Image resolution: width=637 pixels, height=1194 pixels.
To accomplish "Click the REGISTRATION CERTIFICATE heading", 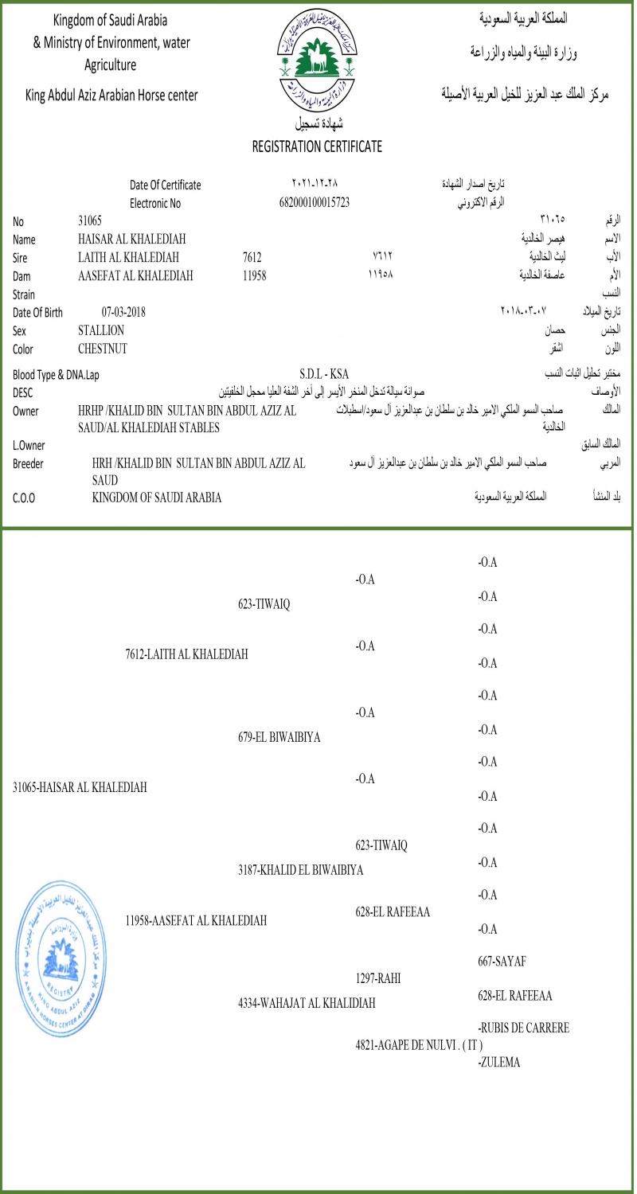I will [317, 146].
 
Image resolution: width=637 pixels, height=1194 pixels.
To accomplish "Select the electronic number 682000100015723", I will [315, 202].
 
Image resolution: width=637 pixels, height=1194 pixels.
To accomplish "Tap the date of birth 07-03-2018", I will [123, 312].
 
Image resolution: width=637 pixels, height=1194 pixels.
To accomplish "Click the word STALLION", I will [101, 330].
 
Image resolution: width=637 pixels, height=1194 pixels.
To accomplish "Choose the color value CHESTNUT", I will [103, 349].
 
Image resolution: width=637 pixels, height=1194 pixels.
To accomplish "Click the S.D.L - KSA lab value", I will [324, 374].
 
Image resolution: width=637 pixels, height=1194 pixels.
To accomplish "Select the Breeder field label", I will [29, 463].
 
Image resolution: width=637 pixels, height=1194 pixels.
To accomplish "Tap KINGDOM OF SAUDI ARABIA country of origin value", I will [157, 497].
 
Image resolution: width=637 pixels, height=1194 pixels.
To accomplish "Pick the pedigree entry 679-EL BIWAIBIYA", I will [279, 737].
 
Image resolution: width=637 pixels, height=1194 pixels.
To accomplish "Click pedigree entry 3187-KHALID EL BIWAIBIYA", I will [300, 870].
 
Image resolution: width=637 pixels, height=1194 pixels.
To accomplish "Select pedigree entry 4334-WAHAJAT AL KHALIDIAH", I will [307, 1003].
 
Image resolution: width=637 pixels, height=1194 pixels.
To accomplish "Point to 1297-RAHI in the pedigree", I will [377, 977].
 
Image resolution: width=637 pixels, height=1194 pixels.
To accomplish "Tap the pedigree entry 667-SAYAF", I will [502, 962].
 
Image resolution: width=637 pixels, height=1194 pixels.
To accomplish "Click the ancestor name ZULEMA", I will [499, 1061].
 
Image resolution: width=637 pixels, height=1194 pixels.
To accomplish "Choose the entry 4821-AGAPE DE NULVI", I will [419, 1044].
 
